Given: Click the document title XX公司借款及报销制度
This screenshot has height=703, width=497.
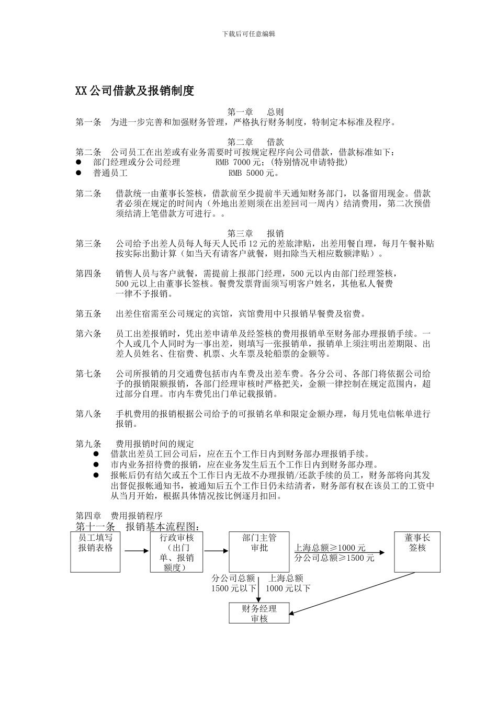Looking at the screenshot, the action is pos(135,91).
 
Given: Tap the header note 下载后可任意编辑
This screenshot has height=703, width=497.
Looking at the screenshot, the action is pos(249,34).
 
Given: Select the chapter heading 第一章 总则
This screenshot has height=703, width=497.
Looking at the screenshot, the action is pos(255,112).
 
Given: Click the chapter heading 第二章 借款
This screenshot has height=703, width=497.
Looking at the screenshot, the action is pos(255,142).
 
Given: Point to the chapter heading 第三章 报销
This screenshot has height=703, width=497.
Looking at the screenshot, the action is pos(255,233).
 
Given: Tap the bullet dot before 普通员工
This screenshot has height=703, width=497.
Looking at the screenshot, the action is pos(79,173).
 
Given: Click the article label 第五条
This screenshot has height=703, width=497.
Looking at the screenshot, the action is pos(88,314).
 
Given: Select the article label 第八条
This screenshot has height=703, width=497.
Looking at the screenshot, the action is pos(88,414).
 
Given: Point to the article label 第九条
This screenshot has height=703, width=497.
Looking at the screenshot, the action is pos(88,444).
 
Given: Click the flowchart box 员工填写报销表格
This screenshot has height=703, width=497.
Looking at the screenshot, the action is pos(95,552).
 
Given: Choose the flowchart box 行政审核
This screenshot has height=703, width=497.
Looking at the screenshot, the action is pos(176,552).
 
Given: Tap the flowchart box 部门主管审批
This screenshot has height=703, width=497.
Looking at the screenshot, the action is pos(259,552).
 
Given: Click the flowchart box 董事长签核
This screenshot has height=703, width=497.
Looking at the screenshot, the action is pos(417,552).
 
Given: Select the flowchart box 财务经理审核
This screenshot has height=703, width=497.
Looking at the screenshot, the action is pos(259,613).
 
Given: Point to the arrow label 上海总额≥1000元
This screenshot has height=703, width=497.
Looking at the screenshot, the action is pos(330,548).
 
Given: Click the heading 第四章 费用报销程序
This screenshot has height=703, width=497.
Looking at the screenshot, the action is pos(119,516).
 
